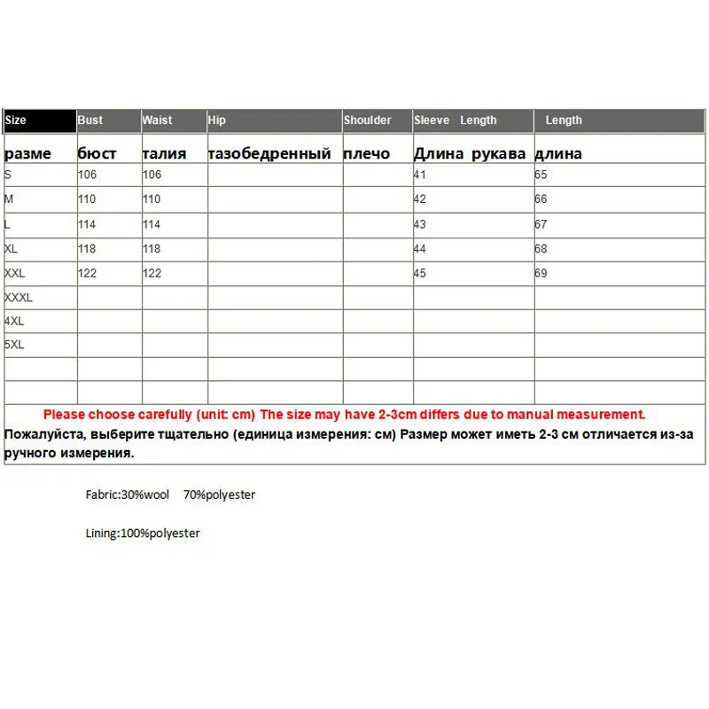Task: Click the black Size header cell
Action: tap(40, 121)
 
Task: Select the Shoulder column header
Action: tap(368, 121)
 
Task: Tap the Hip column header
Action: tap(217, 121)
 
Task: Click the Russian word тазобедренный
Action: tap(269, 153)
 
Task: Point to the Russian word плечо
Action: tap(366, 153)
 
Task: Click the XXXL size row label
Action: tap(19, 298)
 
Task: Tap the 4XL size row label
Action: tap(15, 321)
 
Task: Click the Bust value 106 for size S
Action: tap(87, 175)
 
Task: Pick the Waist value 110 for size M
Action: tap(152, 200)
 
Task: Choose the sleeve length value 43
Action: tap(420, 225)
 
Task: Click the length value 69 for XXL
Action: tap(541, 273)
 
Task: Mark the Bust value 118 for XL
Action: tap(87, 249)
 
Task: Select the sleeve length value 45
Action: tap(420, 273)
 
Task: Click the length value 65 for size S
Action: tap(541, 175)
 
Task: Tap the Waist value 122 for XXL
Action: tap(152, 273)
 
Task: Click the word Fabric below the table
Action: tap(100, 495)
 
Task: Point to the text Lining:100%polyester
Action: tap(140, 534)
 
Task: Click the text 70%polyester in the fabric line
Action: tap(219, 495)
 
